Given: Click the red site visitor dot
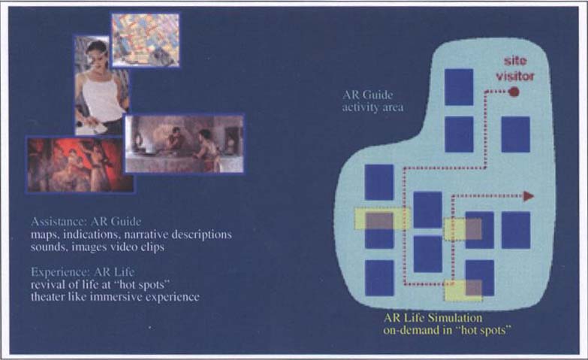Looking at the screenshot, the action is [514, 91].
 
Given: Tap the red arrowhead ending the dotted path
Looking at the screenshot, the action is [529, 196].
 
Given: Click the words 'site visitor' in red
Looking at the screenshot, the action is [515, 68].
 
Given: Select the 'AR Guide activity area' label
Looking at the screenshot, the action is [372, 101].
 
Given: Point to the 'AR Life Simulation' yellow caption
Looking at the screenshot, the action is [433, 318].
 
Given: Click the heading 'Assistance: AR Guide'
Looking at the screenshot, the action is [86, 222].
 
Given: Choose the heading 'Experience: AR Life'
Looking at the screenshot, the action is [83, 272].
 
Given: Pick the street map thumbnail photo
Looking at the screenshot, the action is [146, 40].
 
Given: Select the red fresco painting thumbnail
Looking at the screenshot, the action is [80, 165].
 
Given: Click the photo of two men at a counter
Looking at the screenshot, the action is [184, 144].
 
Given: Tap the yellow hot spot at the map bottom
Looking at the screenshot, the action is [463, 291].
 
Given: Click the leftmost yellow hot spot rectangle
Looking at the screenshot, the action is [382, 219].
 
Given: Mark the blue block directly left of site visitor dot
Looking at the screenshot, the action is [459, 87].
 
